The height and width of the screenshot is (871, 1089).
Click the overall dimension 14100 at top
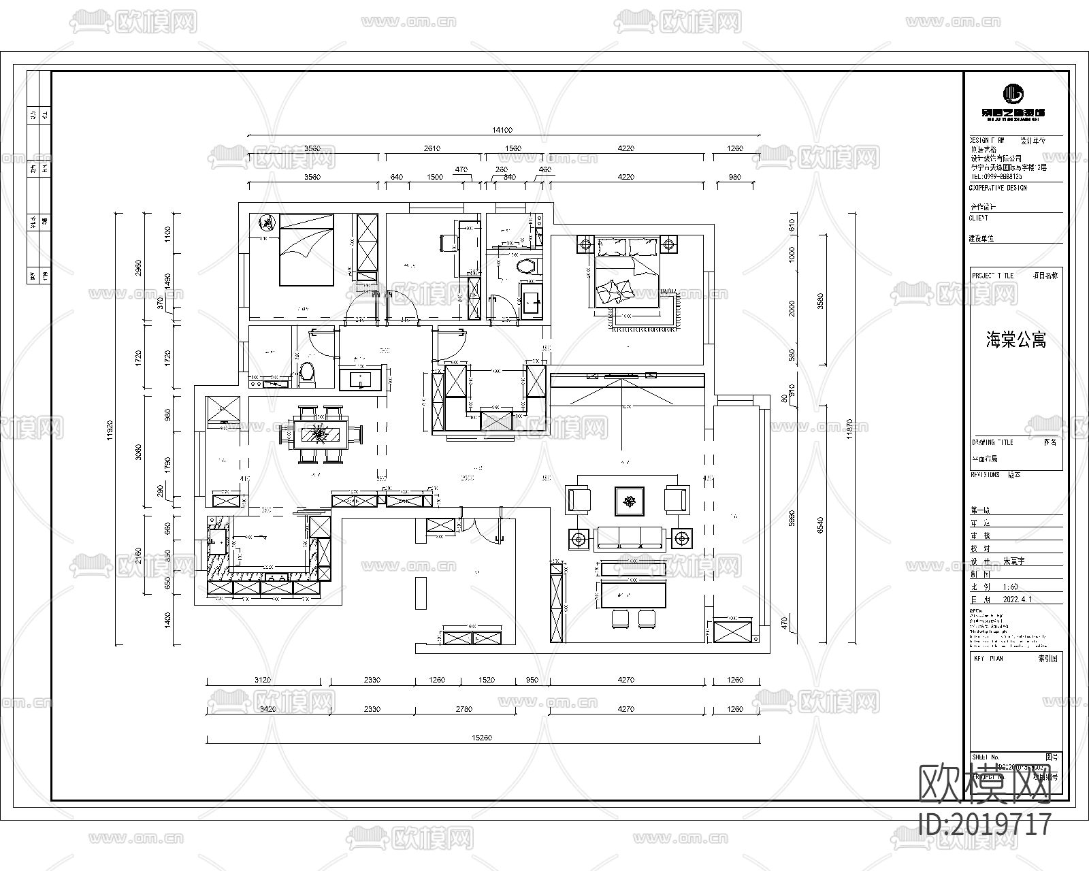[x=502, y=130]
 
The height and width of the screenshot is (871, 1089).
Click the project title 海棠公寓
[x=1015, y=340]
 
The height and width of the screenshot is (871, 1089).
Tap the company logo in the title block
[x=1013, y=94]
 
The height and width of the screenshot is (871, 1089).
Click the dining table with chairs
[x=319, y=433]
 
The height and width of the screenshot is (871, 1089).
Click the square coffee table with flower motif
[x=630, y=501]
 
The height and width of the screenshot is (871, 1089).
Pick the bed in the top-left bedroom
[x=306, y=249]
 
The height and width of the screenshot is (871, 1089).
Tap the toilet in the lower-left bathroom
[x=308, y=374]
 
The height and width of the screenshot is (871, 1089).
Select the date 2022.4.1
[x=1018, y=599]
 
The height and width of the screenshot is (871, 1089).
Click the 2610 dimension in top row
[x=432, y=148]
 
